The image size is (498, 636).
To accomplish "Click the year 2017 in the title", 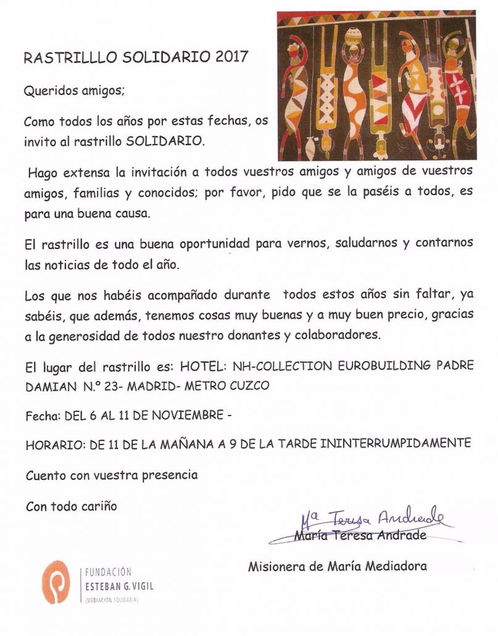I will tap(232, 57).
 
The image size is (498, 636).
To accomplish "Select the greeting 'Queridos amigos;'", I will tap(74, 91).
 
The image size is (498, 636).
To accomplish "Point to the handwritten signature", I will tap(371, 517).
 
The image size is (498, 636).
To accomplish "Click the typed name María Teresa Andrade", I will tap(360, 535).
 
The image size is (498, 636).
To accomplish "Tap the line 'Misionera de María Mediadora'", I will tap(337, 566).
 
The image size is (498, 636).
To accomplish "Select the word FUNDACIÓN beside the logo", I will tap(107, 572).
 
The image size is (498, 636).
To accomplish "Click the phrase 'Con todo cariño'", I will tap(72, 506).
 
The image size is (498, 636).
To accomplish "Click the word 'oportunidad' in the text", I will tap(215, 244).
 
